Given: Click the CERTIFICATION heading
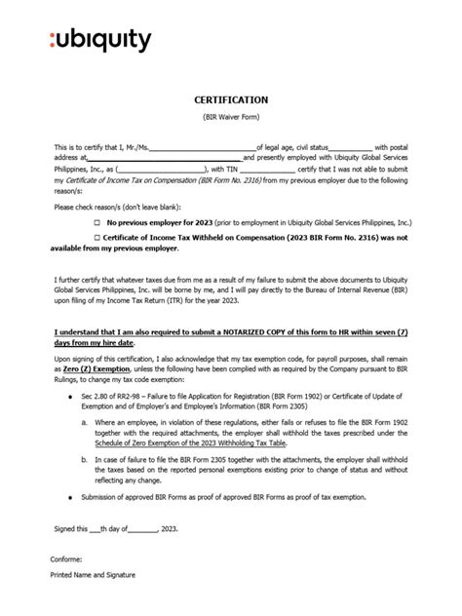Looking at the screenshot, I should point(230,99).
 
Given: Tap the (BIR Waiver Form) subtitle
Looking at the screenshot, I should point(230,117).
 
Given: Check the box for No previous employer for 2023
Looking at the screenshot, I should point(96,222).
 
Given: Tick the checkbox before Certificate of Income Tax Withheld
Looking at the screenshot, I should point(96,237).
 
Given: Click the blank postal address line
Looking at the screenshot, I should point(165,157).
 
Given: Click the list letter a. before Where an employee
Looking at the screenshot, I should point(84,421).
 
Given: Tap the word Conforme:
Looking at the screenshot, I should point(66,560).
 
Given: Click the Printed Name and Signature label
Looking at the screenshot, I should point(93,575).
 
